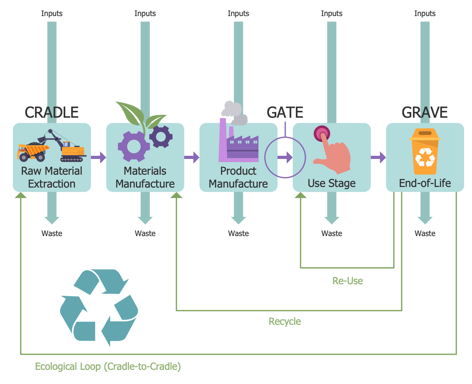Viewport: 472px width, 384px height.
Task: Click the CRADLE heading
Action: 52,112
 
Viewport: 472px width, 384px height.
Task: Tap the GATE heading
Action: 285,112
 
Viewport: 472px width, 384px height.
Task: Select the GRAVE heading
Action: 424,112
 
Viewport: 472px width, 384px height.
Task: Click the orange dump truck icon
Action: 33,152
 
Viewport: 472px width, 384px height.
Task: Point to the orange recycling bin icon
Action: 425,151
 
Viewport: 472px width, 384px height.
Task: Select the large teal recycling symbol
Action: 99,308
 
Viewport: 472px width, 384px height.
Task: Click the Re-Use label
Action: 347,281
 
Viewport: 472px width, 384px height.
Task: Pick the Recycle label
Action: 285,321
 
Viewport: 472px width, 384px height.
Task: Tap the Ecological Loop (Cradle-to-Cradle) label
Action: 108,366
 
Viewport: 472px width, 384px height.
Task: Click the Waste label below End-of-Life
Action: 425,234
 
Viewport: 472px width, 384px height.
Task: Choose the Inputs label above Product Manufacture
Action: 238,14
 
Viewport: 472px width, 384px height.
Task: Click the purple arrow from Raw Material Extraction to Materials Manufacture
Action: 99,157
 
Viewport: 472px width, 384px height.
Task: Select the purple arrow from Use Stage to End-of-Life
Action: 378,157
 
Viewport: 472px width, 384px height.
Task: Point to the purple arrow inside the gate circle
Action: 285,157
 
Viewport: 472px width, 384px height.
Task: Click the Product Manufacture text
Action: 238,177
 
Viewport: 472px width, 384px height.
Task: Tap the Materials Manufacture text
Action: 145,177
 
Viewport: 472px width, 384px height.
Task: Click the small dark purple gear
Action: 161,137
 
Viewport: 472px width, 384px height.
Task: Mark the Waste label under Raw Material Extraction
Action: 52,234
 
